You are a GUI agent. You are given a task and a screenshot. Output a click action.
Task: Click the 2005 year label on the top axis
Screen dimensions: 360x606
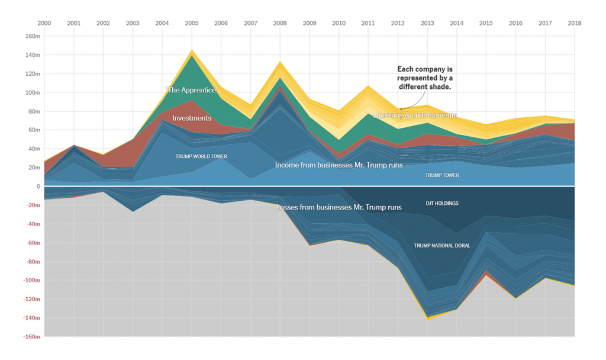click(192, 23)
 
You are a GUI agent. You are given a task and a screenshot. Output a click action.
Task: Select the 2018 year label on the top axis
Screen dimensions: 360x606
click(574, 23)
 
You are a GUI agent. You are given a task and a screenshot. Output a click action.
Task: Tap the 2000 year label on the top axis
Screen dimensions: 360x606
click(44, 23)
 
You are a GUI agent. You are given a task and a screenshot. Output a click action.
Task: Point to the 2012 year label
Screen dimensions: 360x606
click(398, 23)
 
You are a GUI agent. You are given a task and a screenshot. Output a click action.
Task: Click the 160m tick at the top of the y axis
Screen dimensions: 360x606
click(33, 36)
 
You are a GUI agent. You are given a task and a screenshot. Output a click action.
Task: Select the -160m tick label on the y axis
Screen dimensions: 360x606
click(31, 337)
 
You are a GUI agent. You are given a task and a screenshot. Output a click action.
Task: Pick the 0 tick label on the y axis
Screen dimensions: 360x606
click(37, 187)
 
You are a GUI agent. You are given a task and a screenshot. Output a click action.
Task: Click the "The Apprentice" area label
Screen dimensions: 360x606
click(192, 90)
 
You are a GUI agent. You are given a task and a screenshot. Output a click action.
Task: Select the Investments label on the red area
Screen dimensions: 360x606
click(192, 118)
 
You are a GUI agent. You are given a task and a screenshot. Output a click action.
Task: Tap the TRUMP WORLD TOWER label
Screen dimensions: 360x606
click(201, 156)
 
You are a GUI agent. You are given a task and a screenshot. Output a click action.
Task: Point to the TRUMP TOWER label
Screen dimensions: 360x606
click(441, 175)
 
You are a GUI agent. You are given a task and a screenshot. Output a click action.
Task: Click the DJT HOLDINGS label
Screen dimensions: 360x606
click(442, 203)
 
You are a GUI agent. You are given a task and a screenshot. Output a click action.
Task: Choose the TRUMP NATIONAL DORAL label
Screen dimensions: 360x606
click(442, 245)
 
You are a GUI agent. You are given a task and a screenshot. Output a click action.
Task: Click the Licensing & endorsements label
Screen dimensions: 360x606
click(415, 115)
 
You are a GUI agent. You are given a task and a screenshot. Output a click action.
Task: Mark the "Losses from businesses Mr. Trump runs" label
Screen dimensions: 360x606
click(339, 207)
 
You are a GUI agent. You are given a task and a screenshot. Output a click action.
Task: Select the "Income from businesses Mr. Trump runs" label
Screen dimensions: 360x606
click(339, 165)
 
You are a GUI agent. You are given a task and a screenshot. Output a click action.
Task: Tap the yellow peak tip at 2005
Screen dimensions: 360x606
click(192, 51)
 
